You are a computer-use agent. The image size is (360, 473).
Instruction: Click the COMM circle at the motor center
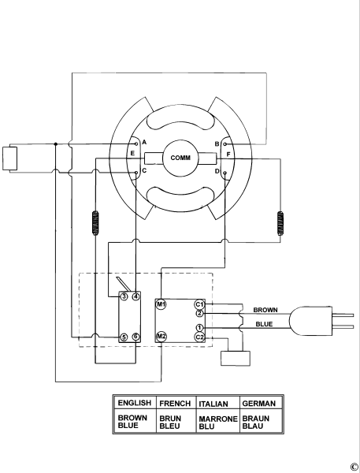(180, 158)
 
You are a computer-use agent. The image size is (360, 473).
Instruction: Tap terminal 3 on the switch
(124, 296)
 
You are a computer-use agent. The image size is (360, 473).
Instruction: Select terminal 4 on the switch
(136, 296)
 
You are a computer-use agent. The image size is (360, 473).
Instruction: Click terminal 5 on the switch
(124, 337)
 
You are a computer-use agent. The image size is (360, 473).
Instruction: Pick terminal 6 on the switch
(136, 337)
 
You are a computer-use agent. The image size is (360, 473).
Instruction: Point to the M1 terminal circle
(161, 304)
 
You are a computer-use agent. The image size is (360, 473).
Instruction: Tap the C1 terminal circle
(199, 304)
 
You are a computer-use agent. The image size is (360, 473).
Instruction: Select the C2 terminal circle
(199, 337)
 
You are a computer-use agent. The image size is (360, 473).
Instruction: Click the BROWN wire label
(265, 310)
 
